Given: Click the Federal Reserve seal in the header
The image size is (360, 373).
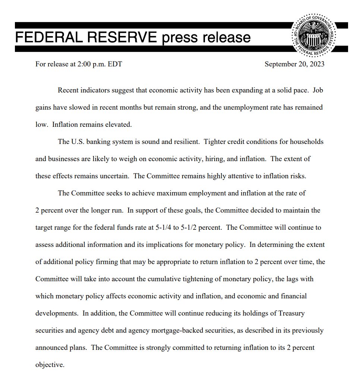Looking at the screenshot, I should click(319, 37).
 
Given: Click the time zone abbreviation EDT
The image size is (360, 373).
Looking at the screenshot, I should click(114, 64).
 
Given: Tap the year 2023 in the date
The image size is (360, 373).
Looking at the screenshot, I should click(316, 64).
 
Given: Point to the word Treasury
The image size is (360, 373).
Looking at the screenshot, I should click(291, 313).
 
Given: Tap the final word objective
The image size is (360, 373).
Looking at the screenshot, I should click(50, 364).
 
